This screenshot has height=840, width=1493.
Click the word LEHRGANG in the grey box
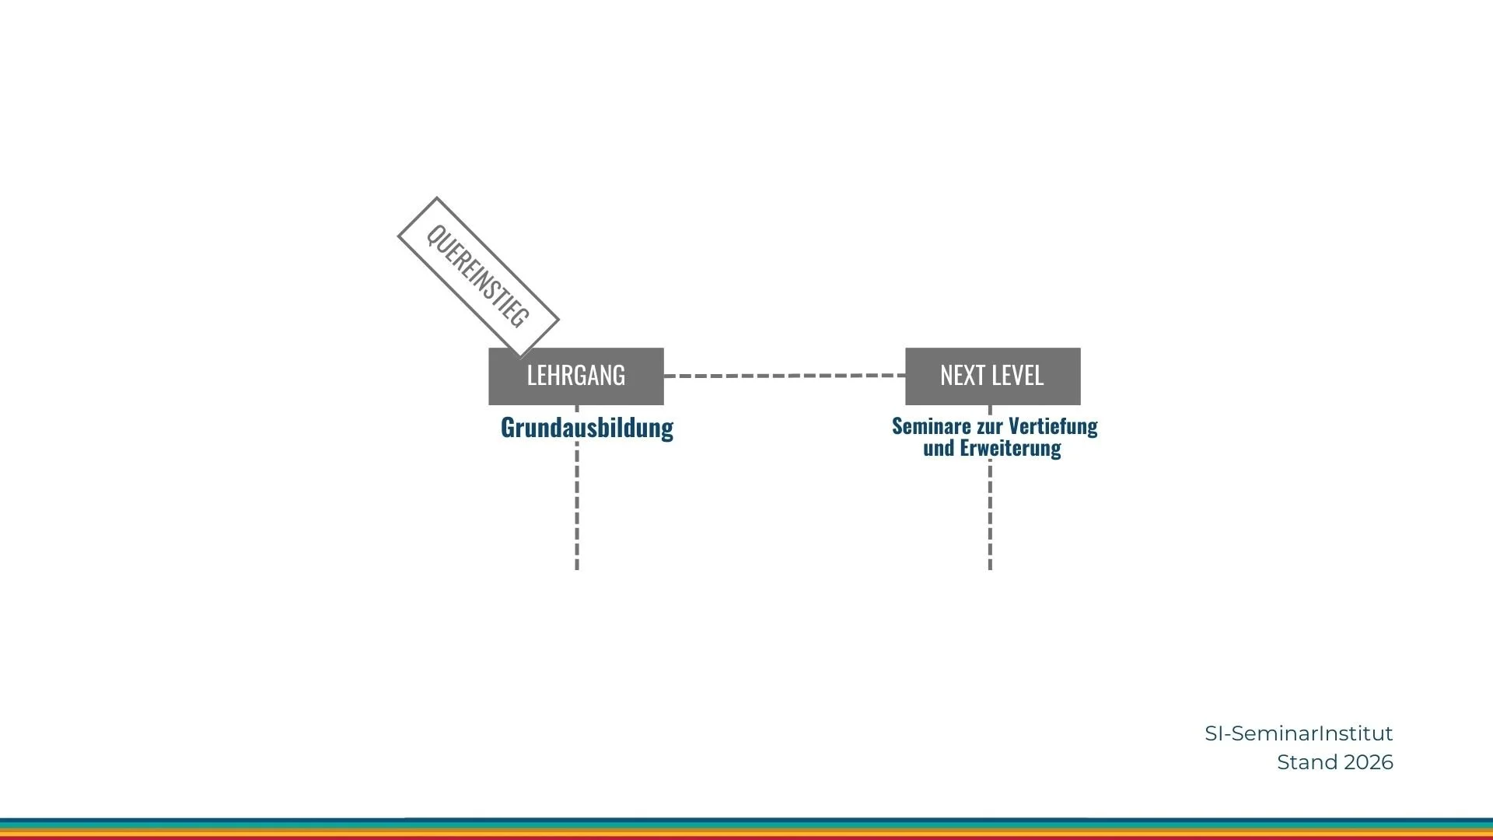(x=575, y=376)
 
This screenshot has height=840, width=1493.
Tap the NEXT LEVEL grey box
(x=992, y=376)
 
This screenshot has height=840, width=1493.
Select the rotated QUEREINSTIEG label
(x=477, y=276)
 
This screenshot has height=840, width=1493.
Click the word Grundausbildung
(x=587, y=428)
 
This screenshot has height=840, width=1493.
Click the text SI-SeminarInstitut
(x=1299, y=733)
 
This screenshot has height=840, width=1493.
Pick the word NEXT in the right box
(x=957, y=376)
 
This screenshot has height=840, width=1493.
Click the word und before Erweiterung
(x=939, y=448)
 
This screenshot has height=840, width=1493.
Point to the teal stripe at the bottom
(x=746, y=821)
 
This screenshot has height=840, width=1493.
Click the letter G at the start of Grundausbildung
(x=508, y=428)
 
